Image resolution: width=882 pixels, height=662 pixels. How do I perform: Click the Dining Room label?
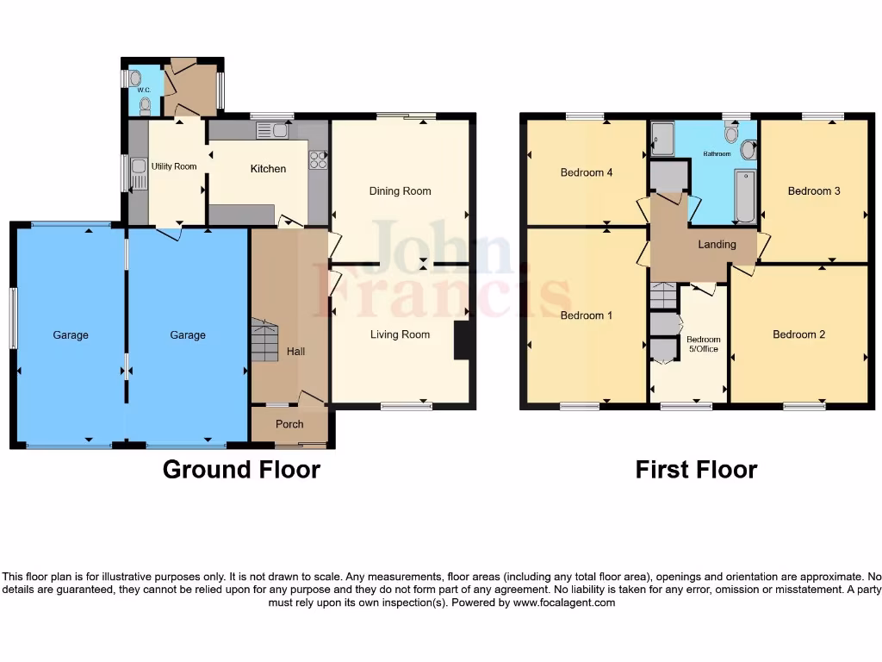point(400,190)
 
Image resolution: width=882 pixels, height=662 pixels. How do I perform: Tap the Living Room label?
point(400,334)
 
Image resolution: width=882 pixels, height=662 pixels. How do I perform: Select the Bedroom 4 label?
point(587,172)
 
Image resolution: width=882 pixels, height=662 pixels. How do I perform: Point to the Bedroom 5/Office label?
point(704,344)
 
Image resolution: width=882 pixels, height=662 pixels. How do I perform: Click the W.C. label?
point(144,91)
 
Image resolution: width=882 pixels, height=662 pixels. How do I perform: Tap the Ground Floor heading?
point(241,470)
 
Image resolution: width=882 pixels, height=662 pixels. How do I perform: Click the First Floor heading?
point(696,470)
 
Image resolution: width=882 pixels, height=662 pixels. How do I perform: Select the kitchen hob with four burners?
point(317,159)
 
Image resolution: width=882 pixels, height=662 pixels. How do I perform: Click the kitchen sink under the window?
point(272,131)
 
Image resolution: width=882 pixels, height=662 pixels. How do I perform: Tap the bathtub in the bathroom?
point(745,195)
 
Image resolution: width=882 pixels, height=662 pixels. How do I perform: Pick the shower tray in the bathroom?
point(662,139)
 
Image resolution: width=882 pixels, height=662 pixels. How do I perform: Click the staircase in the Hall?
point(265,340)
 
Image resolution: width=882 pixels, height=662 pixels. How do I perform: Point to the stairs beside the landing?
point(662,296)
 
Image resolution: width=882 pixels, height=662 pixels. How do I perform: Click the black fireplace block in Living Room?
point(462,340)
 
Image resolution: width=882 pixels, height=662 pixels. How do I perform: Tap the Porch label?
point(289,424)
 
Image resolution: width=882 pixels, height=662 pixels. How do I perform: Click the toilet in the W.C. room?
point(145,106)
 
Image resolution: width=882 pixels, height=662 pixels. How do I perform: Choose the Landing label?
point(717,244)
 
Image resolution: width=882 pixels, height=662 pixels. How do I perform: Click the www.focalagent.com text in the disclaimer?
point(564,603)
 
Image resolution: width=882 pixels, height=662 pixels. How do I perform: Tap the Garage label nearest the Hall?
point(188,335)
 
